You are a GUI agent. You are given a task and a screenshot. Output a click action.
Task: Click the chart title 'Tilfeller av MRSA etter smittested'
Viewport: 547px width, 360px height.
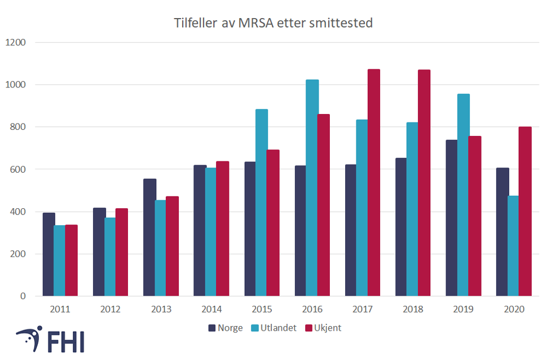click(x=273, y=23)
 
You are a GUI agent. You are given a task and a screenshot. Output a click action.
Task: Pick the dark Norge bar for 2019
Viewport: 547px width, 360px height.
click(x=452, y=218)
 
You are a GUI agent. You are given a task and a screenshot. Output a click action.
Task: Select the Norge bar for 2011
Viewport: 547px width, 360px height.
click(x=48, y=254)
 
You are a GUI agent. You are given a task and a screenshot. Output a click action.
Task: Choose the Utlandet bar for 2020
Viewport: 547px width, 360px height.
click(x=513, y=245)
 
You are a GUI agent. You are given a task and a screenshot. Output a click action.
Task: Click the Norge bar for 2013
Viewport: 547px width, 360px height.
click(x=149, y=237)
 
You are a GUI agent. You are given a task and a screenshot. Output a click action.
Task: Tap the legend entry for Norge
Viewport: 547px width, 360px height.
click(x=226, y=328)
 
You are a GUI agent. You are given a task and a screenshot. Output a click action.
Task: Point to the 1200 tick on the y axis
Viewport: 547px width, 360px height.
click(x=16, y=42)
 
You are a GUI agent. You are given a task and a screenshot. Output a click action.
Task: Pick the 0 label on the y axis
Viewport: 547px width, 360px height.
click(x=24, y=296)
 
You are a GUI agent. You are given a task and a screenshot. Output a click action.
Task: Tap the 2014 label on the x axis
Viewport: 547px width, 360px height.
click(x=211, y=309)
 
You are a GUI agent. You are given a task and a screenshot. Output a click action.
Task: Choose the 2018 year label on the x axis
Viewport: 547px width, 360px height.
click(x=413, y=309)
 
